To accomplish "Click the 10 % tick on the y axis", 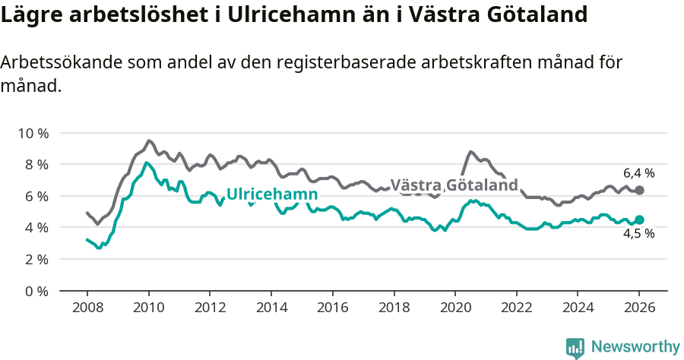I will click(x=33, y=133).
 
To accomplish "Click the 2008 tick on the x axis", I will click(x=87, y=308).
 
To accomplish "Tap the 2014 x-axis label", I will click(x=271, y=308).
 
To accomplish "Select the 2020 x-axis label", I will click(x=454, y=308).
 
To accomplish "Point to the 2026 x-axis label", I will click(x=638, y=308).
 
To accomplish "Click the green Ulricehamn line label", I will click(x=271, y=194).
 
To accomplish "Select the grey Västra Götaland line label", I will click(x=454, y=185).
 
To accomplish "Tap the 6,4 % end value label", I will click(x=638, y=173).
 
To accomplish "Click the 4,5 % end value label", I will click(x=638, y=234).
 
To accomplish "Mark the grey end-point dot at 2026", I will click(x=639, y=190).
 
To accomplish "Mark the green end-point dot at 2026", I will click(x=639, y=219).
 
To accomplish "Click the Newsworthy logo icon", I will click(x=575, y=347).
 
